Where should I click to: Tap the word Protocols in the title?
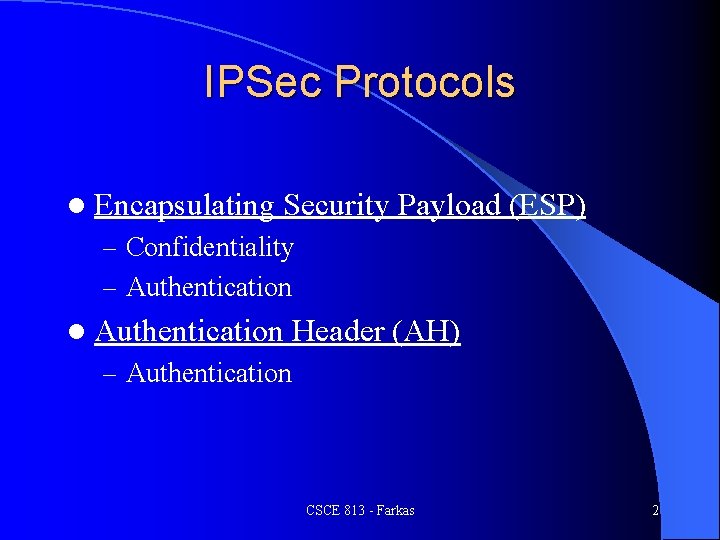pyautogui.click(x=425, y=83)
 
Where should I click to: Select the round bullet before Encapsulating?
pyautogui.click(x=77, y=206)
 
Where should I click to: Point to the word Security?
pyautogui.click(x=336, y=206)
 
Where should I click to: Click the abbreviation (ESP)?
pyautogui.click(x=547, y=206)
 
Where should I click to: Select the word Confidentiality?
pyautogui.click(x=210, y=247)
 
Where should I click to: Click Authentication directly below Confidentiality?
pyautogui.click(x=209, y=287)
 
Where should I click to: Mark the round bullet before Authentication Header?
pyautogui.click(x=77, y=331)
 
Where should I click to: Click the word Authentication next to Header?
pyautogui.click(x=189, y=331)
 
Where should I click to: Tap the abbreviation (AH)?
pyautogui.click(x=427, y=331)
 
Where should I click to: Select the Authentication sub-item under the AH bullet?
pyautogui.click(x=209, y=373)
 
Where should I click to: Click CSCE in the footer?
pyautogui.click(x=323, y=511)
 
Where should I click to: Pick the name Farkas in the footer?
pyautogui.click(x=396, y=511)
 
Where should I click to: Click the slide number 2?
pyautogui.click(x=655, y=511)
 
